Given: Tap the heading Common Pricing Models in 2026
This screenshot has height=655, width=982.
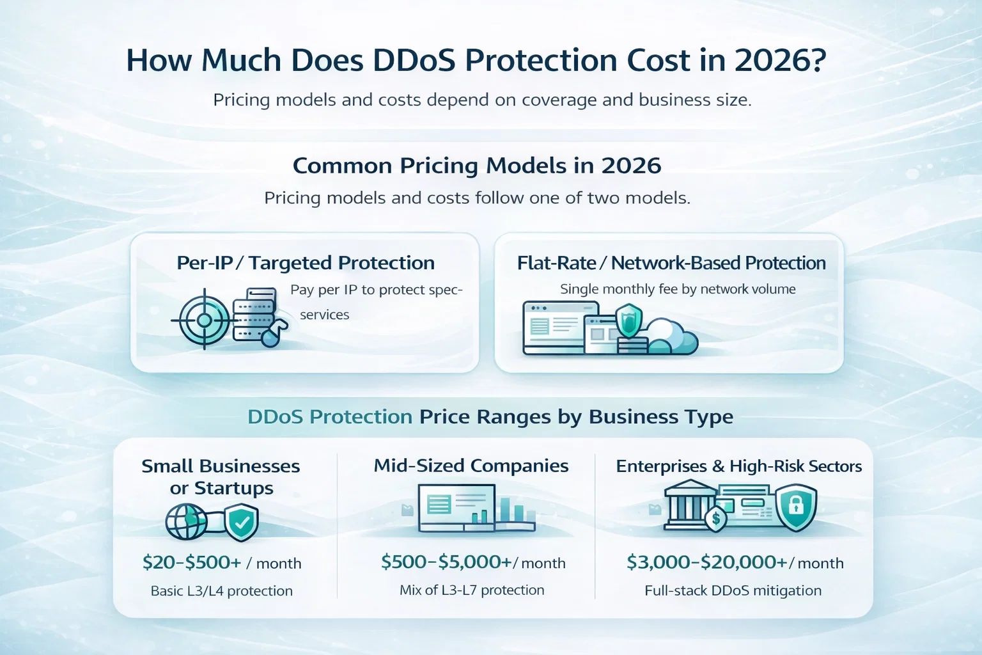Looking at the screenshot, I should [477, 166].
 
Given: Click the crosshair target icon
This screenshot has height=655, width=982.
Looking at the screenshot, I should [204, 319].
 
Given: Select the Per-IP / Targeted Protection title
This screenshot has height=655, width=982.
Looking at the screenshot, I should [306, 263].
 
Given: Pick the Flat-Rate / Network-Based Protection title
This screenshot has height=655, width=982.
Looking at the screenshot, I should [671, 263].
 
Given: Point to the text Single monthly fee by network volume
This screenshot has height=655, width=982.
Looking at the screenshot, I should [678, 289].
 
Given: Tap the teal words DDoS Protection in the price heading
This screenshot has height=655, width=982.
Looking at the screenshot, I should [330, 417].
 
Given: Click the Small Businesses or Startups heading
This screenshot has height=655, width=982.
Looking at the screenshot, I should [221, 477].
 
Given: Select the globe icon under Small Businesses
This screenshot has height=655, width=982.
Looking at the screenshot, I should [186, 522].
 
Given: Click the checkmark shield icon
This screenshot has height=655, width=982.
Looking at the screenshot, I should [242, 523].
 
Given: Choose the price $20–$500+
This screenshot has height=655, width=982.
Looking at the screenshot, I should [192, 563].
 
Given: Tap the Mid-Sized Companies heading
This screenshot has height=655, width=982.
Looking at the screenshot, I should [471, 466].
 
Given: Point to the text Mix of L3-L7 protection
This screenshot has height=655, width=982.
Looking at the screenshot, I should [472, 590].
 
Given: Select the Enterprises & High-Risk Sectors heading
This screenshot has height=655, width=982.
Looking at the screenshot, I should [738, 466].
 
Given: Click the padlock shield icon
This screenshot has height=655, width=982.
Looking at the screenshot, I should [796, 507].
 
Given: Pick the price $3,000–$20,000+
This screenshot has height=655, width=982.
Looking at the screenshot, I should [706, 563].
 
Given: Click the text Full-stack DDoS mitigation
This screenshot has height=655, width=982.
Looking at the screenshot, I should [733, 591].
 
